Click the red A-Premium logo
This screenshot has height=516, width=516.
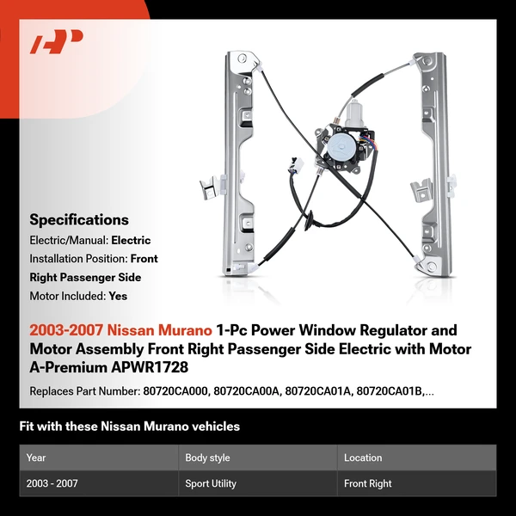(x=56, y=41)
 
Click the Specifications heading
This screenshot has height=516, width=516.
(x=78, y=219)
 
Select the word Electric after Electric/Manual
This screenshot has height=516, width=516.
(x=130, y=240)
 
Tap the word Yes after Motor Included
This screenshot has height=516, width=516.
(x=119, y=295)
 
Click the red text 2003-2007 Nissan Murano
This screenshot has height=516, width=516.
(x=120, y=330)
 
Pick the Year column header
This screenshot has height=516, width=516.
(x=36, y=458)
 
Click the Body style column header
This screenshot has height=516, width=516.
(x=207, y=458)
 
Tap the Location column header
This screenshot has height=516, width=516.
(x=362, y=458)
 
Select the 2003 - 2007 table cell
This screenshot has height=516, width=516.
(x=52, y=483)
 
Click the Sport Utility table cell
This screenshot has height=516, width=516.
(x=211, y=483)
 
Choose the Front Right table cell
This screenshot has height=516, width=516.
(x=367, y=483)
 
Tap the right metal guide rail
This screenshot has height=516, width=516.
(x=433, y=163)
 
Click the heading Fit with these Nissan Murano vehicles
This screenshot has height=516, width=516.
(x=129, y=427)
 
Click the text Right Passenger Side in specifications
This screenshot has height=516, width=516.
(x=84, y=277)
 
